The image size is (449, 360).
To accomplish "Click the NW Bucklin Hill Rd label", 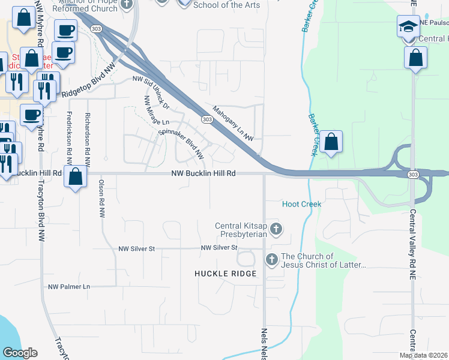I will [x=202, y=173].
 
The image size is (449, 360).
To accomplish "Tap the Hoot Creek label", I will [x=302, y=205].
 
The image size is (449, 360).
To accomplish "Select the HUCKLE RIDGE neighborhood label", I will [x=225, y=274].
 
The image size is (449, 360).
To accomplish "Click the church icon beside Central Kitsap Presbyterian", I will [x=276, y=229].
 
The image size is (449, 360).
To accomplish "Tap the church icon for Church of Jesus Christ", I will [x=271, y=259].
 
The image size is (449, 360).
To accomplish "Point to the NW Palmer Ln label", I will [x=69, y=287].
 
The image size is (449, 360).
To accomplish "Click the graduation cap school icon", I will [x=408, y=27].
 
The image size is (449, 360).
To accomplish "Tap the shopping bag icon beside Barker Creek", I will [x=331, y=142].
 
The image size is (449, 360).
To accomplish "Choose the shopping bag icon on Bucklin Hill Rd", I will [x=76, y=177].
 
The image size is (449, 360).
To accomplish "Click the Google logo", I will [x=20, y=353].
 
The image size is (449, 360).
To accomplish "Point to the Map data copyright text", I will [x=423, y=355].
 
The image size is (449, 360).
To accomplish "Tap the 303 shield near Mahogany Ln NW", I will [x=207, y=120].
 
